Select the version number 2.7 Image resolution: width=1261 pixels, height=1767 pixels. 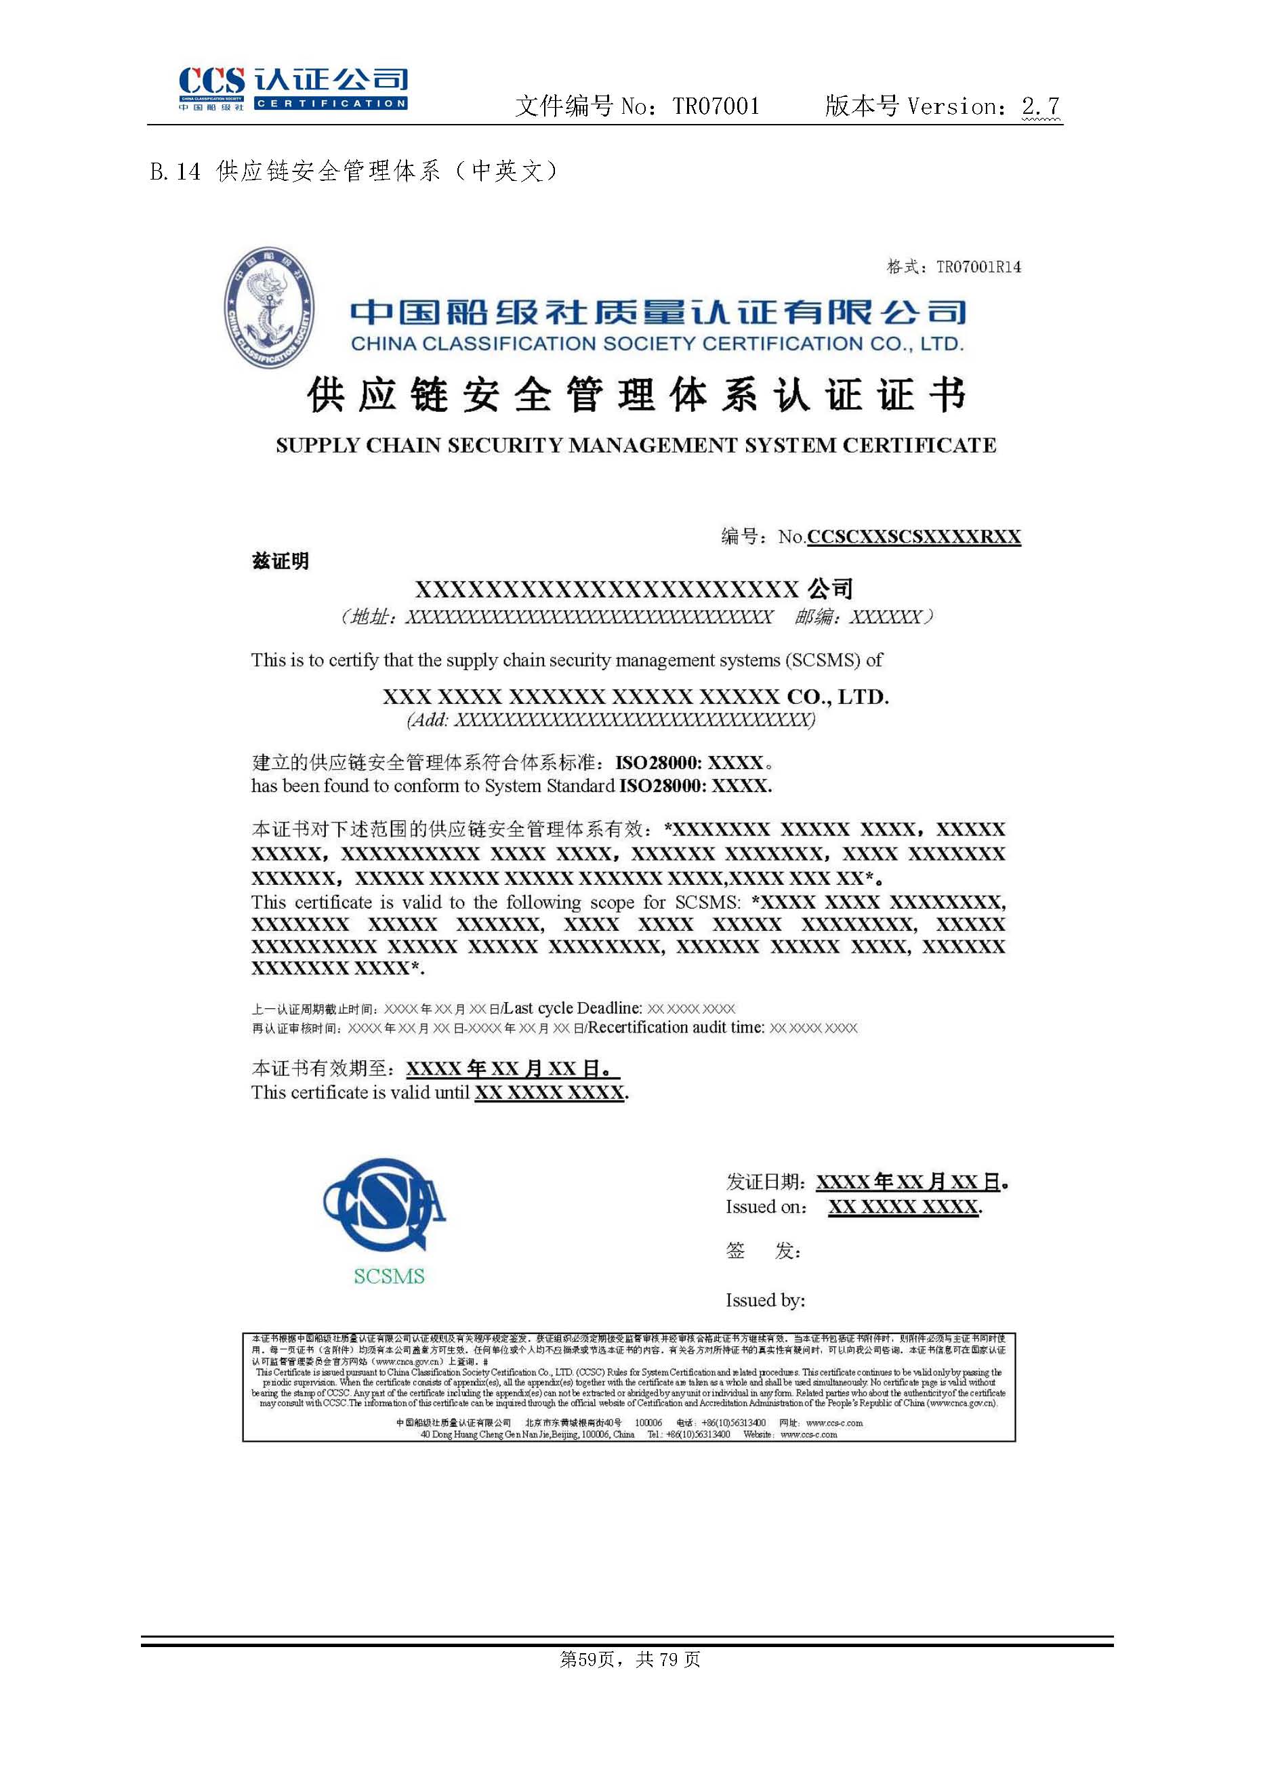[1041, 106]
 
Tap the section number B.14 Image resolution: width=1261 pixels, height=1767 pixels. [174, 171]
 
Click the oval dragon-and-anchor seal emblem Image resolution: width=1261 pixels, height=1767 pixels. [270, 308]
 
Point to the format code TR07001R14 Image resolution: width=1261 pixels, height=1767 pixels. [978, 267]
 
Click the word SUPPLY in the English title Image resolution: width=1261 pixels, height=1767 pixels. [318, 446]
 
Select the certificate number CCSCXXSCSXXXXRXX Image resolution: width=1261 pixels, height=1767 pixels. [914, 537]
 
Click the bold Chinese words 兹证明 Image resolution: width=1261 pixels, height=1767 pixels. [281, 560]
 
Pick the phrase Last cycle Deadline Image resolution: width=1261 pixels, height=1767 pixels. [573, 1007]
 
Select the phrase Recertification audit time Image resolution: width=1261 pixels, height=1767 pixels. [676, 1027]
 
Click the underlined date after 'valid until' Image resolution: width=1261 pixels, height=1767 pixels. [549, 1092]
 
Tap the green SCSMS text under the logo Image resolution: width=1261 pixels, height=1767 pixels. [389, 1276]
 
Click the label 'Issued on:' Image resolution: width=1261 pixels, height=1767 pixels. [766, 1207]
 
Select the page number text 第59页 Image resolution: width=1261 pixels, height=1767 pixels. [587, 1659]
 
